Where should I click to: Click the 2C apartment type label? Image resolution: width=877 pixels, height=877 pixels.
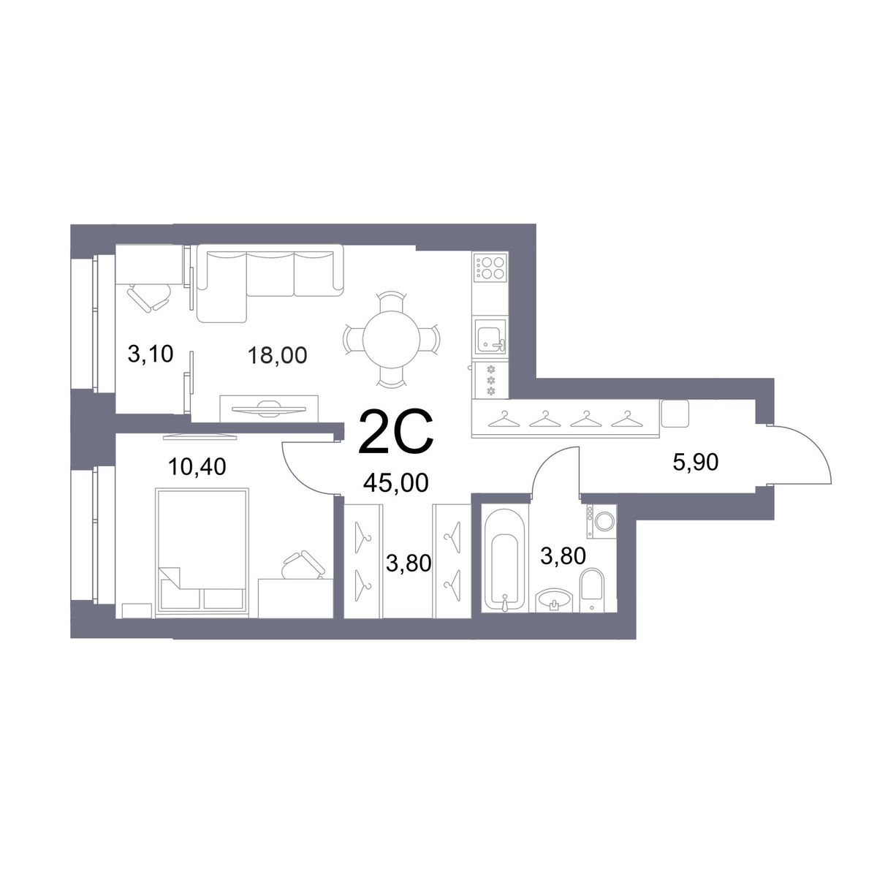[396, 433]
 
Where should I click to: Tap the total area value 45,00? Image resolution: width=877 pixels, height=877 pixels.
[395, 483]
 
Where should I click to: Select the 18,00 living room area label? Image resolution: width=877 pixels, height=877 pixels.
[277, 355]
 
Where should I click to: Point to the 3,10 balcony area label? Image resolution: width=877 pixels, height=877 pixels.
[151, 354]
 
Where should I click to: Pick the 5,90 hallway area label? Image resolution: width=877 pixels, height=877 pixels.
[696, 462]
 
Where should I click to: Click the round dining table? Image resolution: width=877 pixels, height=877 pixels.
[392, 340]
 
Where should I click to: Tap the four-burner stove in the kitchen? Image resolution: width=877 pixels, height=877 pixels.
[490, 267]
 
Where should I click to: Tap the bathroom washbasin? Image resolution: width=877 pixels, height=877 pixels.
[553, 600]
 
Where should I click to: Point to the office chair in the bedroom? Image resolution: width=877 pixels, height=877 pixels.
[303, 565]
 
